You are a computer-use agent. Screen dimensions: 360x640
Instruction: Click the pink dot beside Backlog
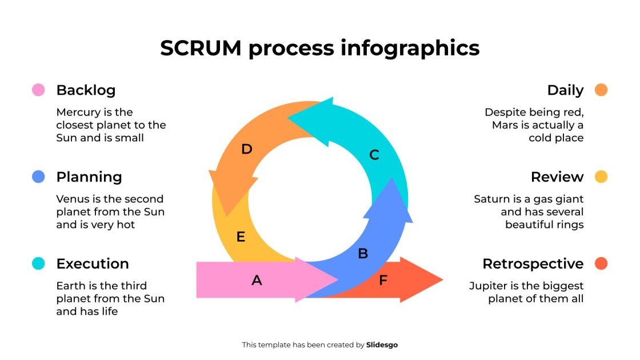point(38,90)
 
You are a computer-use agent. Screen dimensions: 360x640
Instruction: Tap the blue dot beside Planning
point(38,177)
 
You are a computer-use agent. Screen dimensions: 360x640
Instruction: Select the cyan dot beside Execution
point(38,263)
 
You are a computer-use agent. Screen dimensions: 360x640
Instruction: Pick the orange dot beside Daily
point(601,90)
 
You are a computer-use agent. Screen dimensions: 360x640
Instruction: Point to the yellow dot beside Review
point(601,177)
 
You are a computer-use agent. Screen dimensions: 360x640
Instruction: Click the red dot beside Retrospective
point(601,263)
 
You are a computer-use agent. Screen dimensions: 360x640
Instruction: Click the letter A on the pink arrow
point(257,280)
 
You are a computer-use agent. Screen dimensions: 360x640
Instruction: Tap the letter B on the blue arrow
point(362,254)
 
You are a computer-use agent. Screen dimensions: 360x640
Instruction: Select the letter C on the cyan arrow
point(374,155)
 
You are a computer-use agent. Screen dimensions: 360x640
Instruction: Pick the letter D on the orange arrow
point(246,149)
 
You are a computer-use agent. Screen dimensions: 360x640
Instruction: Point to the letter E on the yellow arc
point(241,237)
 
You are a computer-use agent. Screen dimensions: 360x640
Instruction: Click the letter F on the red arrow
point(383,280)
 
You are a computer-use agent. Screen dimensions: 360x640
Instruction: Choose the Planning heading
point(89,177)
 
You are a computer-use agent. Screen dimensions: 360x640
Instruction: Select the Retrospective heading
point(533,264)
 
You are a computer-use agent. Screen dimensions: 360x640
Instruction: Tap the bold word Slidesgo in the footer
point(382,345)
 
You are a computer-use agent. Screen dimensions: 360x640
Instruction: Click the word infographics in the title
point(410,48)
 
